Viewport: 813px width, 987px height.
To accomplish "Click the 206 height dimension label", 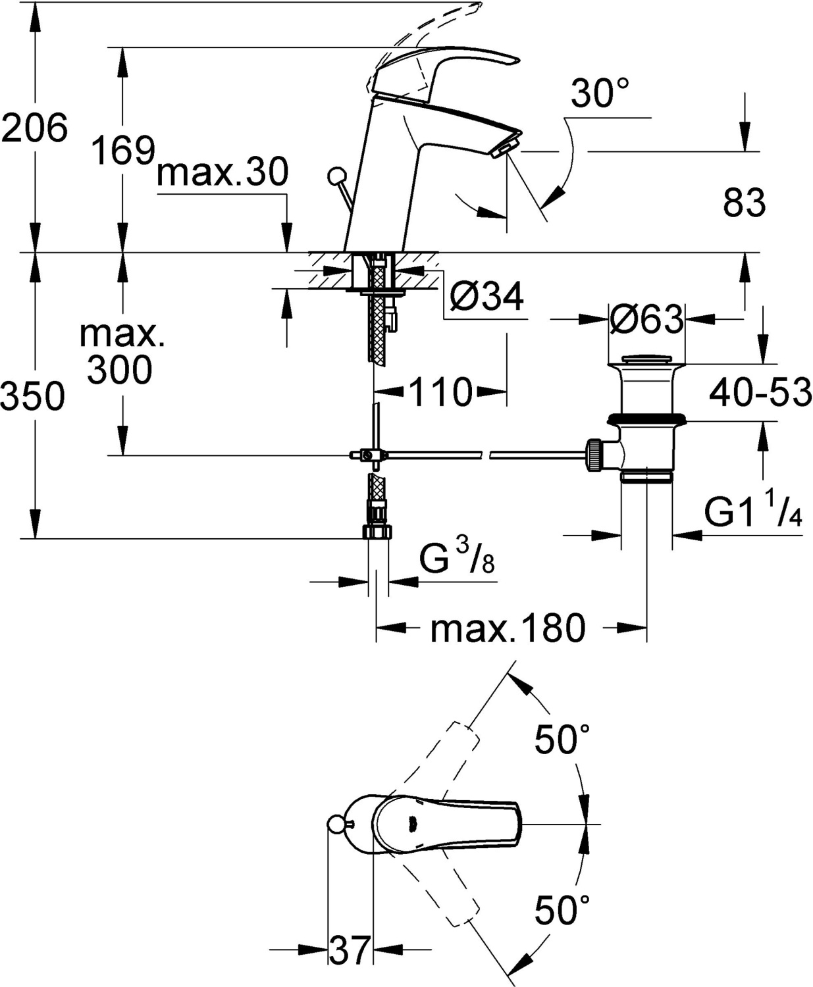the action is click(x=35, y=128).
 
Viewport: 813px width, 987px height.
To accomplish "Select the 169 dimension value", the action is click(x=122, y=150).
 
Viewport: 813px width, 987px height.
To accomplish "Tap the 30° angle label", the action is click(x=600, y=93).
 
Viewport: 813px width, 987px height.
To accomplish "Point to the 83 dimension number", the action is click(x=745, y=202).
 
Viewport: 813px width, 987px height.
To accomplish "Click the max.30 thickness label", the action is click(x=223, y=172).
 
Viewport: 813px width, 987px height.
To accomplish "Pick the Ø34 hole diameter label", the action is click(x=486, y=296).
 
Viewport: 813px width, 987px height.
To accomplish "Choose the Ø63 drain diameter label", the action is click(x=646, y=319).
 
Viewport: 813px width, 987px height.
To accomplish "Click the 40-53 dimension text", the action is click(x=760, y=392).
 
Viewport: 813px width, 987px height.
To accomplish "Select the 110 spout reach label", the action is click(x=440, y=392).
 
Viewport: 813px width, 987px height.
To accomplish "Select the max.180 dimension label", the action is click(x=508, y=628).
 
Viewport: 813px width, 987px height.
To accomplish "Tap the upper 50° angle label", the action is click(x=562, y=739).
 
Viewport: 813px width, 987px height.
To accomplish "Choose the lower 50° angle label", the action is click(x=562, y=909).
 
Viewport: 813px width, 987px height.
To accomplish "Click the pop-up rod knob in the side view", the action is click(x=336, y=176).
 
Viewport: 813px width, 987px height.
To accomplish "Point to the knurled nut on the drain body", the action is click(x=594, y=454).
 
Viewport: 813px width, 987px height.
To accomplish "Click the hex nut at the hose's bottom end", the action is click(x=377, y=532).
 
